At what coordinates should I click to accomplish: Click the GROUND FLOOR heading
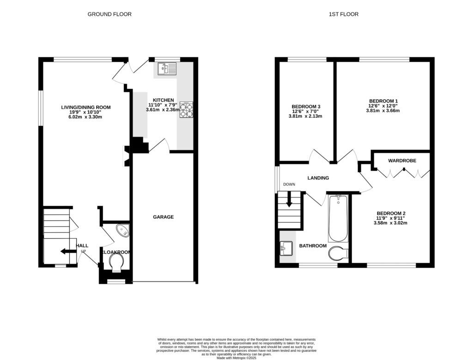(x=109, y=14)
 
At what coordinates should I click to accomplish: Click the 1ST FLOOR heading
(x=343, y=14)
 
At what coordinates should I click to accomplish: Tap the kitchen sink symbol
(x=166, y=69)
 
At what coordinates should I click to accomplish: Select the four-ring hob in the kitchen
(x=186, y=110)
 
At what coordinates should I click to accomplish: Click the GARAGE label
(x=164, y=217)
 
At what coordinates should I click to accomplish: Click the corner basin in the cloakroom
(x=123, y=230)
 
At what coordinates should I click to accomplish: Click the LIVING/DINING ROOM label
(x=86, y=108)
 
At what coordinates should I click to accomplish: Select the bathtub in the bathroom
(x=339, y=218)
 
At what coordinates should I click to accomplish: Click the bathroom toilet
(x=340, y=253)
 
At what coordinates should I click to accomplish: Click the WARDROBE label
(x=402, y=161)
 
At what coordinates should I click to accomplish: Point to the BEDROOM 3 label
(x=306, y=107)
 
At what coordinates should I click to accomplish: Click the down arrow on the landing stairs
(x=289, y=201)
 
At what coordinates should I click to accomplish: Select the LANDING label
(x=318, y=178)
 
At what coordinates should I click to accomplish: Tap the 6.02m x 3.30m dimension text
(x=86, y=117)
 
